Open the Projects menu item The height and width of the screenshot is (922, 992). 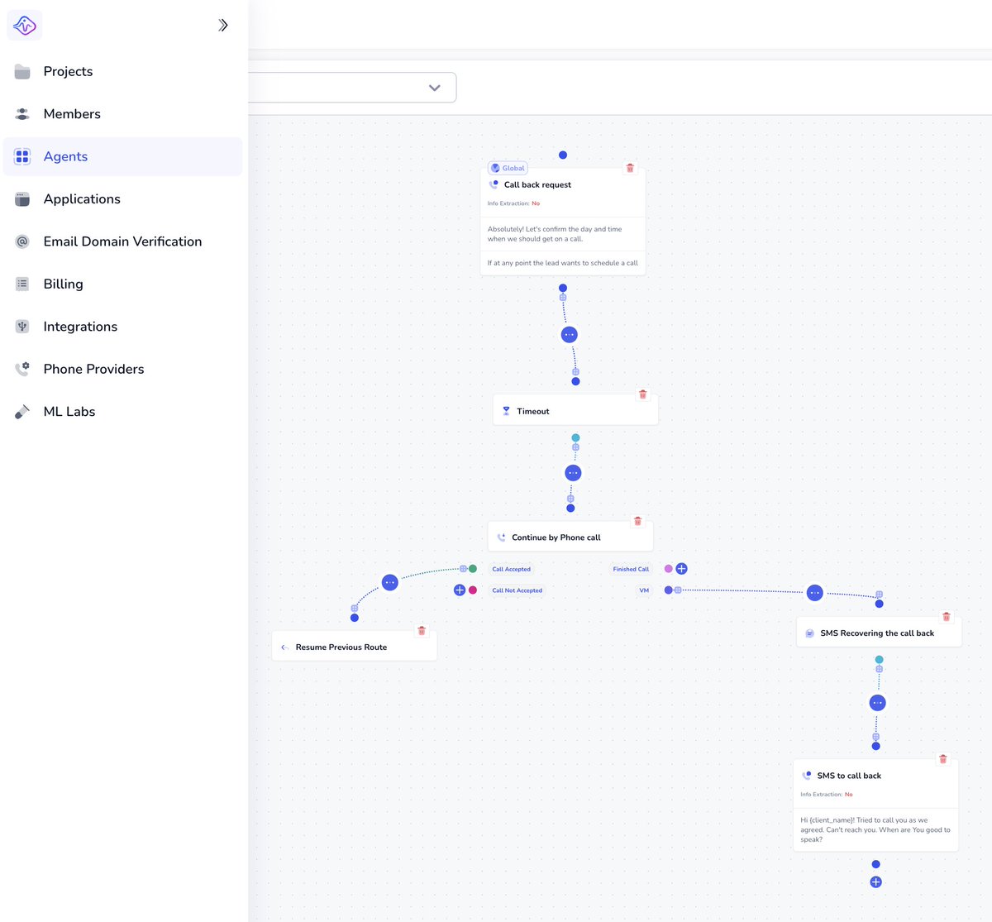pos(68,71)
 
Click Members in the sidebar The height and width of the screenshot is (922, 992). pos(72,114)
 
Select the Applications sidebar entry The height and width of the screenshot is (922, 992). pos(82,199)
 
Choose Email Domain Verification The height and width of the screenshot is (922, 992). pos(122,241)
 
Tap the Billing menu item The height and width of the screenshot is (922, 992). pos(64,284)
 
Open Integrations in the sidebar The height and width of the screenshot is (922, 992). pos(80,327)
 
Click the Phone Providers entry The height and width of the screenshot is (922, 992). pos(94,369)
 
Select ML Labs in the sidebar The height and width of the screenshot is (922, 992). pos(69,411)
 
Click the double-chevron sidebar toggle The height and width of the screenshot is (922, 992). pos(222,25)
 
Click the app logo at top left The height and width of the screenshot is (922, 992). pos(25,25)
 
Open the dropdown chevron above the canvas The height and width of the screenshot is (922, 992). pos(435,88)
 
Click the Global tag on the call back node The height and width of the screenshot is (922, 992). pos(508,168)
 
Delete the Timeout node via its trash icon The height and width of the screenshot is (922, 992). pos(643,394)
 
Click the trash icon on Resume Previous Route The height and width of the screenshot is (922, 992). pos(422,631)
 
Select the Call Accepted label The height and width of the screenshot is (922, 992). pos(511,569)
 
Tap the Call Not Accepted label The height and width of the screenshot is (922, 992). pos(517,590)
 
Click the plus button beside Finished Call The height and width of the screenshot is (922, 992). pos(681,569)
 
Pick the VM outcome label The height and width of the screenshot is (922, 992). pos(644,590)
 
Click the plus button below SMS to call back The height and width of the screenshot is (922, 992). pos(875,882)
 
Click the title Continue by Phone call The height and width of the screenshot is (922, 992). pos(556,537)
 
